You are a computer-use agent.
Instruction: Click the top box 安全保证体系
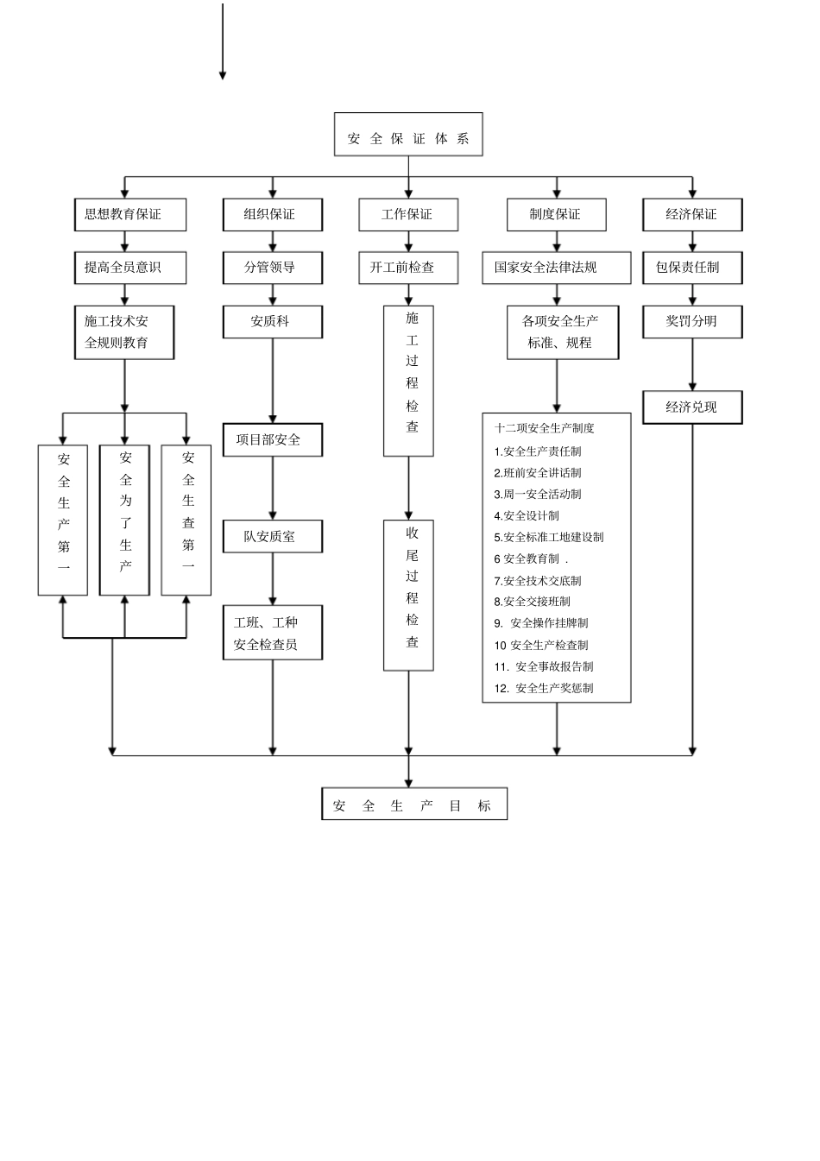pyautogui.click(x=408, y=135)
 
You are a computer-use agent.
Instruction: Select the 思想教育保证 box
pyautogui.click(x=129, y=214)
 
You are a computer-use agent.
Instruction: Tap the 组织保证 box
pyautogui.click(x=273, y=214)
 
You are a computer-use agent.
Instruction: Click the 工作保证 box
pyautogui.click(x=408, y=214)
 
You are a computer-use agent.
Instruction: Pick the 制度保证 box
pyautogui.click(x=557, y=214)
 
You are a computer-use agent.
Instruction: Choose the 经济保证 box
pyautogui.click(x=692, y=214)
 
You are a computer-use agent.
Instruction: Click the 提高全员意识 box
pyautogui.click(x=129, y=268)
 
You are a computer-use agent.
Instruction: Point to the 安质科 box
pyautogui.click(x=273, y=321)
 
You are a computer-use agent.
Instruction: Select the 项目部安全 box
pyautogui.click(x=273, y=439)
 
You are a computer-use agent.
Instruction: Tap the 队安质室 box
pyautogui.click(x=273, y=536)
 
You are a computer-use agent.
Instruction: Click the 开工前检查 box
pyautogui.click(x=408, y=268)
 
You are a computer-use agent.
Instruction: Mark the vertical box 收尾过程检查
pyautogui.click(x=408, y=595)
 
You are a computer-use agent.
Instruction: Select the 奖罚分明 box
pyautogui.click(x=692, y=321)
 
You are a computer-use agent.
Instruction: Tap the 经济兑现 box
pyautogui.click(x=692, y=407)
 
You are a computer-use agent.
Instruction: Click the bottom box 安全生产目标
pyautogui.click(x=413, y=804)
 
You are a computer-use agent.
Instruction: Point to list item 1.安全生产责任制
pyautogui.click(x=538, y=451)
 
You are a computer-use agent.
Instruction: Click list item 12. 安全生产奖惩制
pyautogui.click(x=544, y=688)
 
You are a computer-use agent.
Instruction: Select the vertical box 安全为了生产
pyautogui.click(x=125, y=520)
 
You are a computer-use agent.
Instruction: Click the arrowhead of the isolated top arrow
pyautogui.click(x=223, y=76)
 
